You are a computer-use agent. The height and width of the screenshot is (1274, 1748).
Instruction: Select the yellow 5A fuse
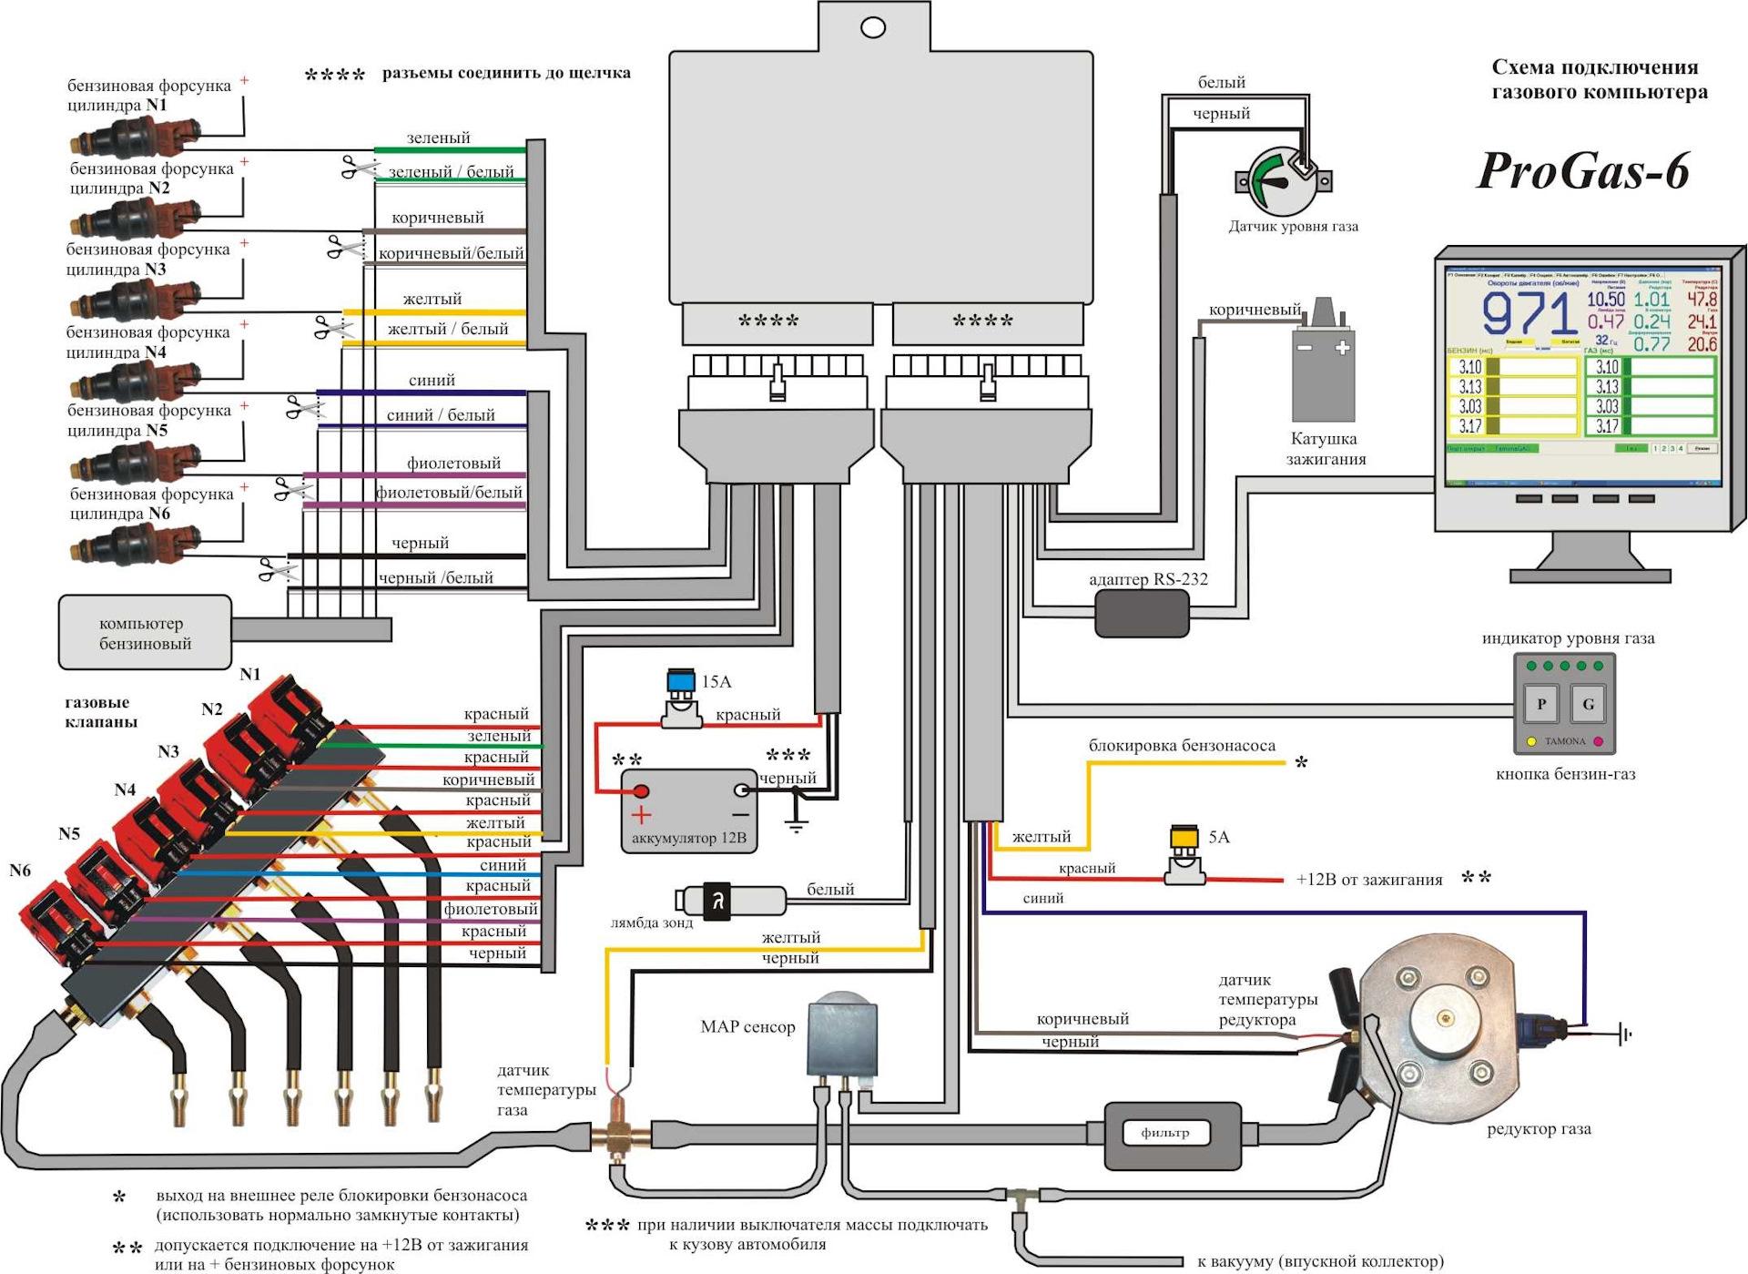click(x=1184, y=837)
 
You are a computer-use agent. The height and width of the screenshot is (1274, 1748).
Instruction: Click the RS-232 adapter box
click(x=1142, y=613)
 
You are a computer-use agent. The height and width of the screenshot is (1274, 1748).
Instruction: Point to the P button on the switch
click(x=1541, y=703)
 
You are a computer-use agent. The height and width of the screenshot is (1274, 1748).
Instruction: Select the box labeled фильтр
click(x=1173, y=1134)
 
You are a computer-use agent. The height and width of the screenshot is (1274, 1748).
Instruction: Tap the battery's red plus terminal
click(x=641, y=791)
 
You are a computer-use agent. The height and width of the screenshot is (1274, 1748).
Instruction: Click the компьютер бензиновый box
click(x=145, y=633)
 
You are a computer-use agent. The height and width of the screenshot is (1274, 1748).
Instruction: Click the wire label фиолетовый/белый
click(x=450, y=493)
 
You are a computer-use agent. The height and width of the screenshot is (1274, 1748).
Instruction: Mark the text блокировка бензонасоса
click(x=1182, y=746)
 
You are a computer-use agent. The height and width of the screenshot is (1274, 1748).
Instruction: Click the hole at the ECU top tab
click(x=872, y=28)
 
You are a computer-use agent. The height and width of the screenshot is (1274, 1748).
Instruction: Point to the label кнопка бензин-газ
click(x=1565, y=774)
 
